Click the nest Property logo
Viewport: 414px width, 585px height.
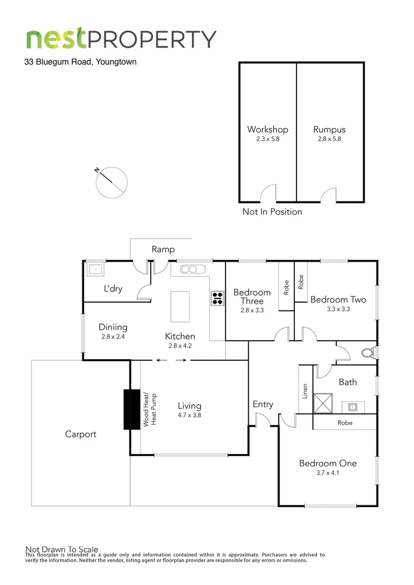[x=121, y=39]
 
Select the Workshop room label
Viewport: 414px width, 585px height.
[x=267, y=129]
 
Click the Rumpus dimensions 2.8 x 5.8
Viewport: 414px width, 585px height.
[x=329, y=139]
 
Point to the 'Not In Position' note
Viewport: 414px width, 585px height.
[x=272, y=212]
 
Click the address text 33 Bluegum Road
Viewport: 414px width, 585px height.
[x=80, y=62]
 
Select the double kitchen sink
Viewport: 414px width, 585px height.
[x=190, y=269]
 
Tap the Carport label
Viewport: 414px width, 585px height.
[x=81, y=434]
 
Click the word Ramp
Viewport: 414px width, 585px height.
[x=163, y=249]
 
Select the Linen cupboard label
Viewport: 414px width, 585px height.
[x=306, y=392]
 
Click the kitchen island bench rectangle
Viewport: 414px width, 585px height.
[x=180, y=307]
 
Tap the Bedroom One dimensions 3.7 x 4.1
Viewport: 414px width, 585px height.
[x=328, y=473]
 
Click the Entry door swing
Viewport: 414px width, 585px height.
[x=262, y=419]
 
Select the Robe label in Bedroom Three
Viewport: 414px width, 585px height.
[x=286, y=287]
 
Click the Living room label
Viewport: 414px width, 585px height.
[x=189, y=406]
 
